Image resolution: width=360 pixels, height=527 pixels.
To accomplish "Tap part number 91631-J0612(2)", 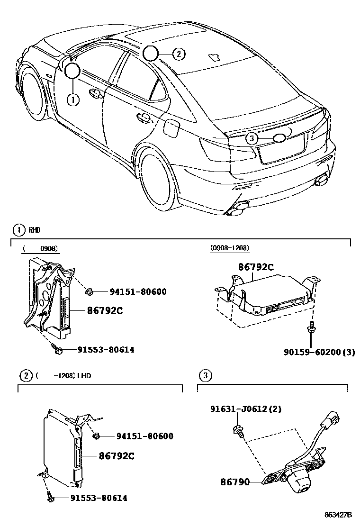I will pos(246,409).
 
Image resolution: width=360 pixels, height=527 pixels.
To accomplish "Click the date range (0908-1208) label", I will pos(230,248).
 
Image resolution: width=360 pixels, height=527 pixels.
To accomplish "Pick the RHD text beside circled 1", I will pos(35,230).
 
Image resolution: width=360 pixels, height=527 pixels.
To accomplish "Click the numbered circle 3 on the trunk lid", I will pos(252,138).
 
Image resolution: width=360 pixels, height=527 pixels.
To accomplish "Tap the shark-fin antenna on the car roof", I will pos(215,57).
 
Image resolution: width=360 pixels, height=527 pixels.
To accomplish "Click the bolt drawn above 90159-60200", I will pos(312,327).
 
